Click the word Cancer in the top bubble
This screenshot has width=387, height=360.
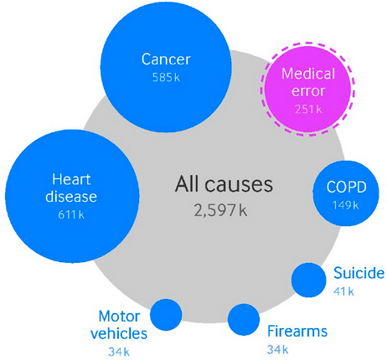pyautogui.click(x=166, y=59)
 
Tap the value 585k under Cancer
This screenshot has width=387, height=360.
pyautogui.click(x=166, y=78)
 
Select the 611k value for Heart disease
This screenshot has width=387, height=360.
pyautogui.click(x=71, y=214)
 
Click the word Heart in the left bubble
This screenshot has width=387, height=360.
pyautogui.click(x=71, y=179)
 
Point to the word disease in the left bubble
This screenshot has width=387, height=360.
pyautogui.click(x=71, y=197)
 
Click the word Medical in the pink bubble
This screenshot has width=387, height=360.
pyautogui.click(x=308, y=74)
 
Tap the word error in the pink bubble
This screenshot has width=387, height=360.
pyautogui.click(x=308, y=91)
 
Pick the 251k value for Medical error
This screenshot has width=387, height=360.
pyautogui.click(x=308, y=109)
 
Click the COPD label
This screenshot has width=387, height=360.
pyautogui.click(x=346, y=187)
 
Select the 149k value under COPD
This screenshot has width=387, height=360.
pyautogui.click(x=346, y=205)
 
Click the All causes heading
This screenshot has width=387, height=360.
pyautogui.click(x=224, y=184)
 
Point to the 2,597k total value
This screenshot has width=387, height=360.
pyautogui.click(x=220, y=211)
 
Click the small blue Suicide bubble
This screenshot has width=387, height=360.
pyautogui.click(x=308, y=280)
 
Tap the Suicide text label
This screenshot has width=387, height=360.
pyautogui.click(x=359, y=273)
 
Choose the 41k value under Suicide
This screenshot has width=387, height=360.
pyautogui.click(x=343, y=291)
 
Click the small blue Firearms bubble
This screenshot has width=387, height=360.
pyautogui.click(x=244, y=320)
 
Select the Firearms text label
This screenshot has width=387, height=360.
pyautogui.click(x=297, y=332)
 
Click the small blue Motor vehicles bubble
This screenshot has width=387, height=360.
pyautogui.click(x=166, y=315)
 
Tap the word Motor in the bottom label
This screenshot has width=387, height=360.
pyautogui.click(x=119, y=316)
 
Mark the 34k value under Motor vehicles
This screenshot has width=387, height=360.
pyautogui.click(x=119, y=352)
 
